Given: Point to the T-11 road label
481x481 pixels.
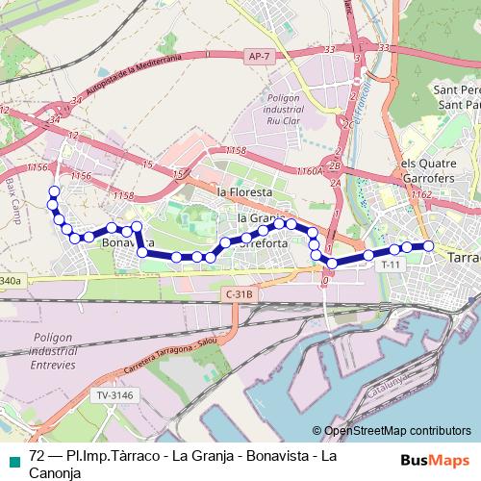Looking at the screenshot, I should point(390,264).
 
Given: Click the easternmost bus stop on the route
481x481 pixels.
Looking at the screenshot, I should point(429,246).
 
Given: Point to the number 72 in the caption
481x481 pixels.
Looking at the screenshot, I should point(38,454).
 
